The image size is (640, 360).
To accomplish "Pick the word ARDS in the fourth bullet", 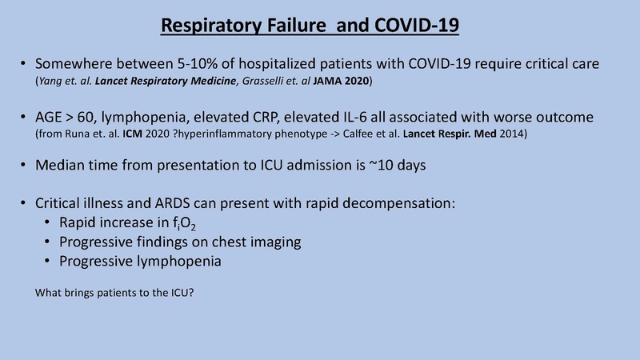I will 178,202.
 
